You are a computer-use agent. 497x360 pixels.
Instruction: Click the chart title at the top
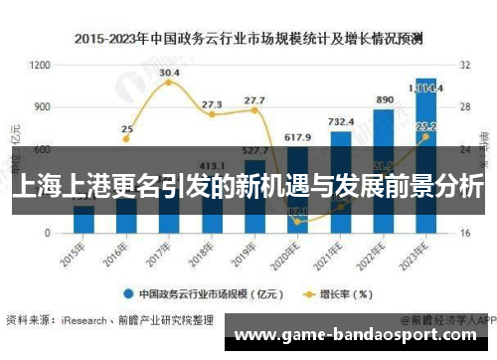point(248,39)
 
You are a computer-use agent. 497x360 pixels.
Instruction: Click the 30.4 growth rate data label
point(169,73)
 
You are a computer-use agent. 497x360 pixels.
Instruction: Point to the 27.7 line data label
point(254,100)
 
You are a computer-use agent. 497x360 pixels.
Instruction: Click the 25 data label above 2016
point(126,128)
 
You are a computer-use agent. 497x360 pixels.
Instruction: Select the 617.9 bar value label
point(297,136)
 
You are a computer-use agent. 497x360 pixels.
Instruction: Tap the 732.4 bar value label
point(340,121)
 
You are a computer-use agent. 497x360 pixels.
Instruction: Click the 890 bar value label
point(383,99)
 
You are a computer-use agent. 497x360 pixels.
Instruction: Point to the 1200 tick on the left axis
point(40,65)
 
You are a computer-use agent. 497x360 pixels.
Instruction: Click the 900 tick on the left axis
point(42,106)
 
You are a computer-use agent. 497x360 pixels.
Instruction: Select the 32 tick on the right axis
point(465,65)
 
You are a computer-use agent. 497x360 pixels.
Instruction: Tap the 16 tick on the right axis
point(465,232)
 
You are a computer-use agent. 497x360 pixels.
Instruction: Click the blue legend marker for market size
point(128,294)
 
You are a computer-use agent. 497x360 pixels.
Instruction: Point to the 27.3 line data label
point(212,103)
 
